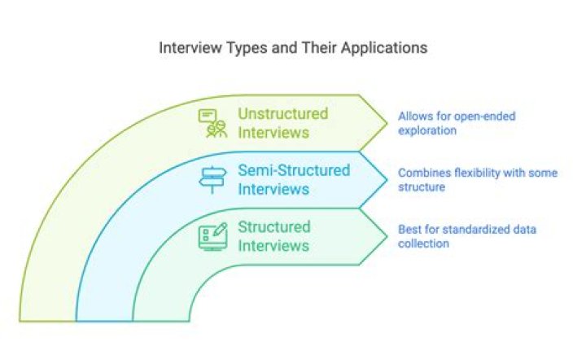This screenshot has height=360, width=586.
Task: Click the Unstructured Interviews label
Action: (282, 123)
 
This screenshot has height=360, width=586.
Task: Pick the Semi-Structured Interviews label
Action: (293, 180)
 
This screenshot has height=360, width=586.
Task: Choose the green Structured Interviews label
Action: (273, 236)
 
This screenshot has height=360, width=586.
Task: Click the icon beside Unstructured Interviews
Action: (212, 123)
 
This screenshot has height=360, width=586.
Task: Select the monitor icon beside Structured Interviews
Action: (212, 236)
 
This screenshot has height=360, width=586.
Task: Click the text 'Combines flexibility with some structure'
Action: (477, 180)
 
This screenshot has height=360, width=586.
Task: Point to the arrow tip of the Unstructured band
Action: (385, 123)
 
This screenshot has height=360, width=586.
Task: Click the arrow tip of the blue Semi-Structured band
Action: (385, 180)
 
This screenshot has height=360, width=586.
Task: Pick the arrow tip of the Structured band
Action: (385, 236)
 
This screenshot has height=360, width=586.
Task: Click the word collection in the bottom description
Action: (423, 244)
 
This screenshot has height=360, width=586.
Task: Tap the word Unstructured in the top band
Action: (282, 114)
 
